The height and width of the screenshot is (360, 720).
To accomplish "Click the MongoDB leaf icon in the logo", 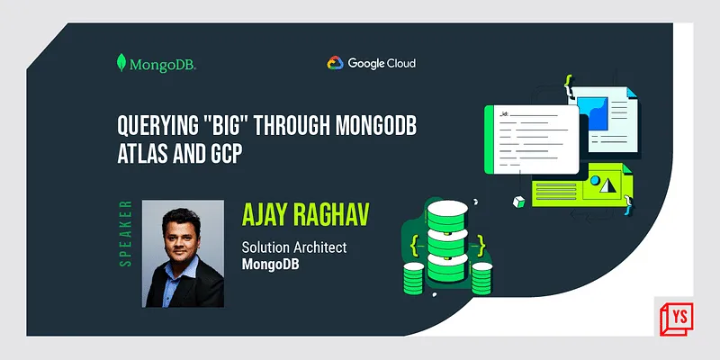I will (x=121, y=64).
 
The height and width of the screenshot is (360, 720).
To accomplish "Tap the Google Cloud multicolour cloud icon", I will (x=335, y=63).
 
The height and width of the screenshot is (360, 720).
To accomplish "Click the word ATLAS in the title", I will (x=143, y=155).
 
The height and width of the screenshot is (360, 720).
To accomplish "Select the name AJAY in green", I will (x=265, y=215).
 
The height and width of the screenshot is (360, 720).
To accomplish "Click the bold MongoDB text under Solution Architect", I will (x=272, y=265).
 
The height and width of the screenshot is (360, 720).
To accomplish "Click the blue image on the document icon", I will (x=595, y=112).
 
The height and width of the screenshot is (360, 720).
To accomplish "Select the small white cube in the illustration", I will (x=519, y=200).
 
